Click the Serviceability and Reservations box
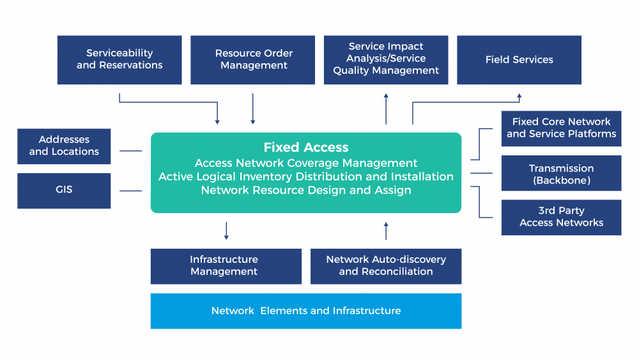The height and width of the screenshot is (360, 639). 119,59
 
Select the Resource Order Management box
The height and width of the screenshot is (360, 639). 253,59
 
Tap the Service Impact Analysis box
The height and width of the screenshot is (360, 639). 386,59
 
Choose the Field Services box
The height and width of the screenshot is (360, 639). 519,59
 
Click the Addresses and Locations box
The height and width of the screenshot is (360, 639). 64,146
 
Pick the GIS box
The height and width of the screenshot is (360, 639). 64,190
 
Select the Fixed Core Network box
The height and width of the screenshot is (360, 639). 561,128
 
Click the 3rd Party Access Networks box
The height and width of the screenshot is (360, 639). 561,217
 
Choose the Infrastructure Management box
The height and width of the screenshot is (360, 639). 226,266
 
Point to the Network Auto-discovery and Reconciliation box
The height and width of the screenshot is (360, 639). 386,266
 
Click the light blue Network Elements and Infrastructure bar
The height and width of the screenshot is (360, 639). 306,311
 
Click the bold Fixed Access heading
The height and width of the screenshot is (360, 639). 306,148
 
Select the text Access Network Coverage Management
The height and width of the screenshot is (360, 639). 306,163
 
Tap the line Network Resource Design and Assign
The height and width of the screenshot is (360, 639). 306,190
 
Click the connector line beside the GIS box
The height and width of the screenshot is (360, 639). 131,191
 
